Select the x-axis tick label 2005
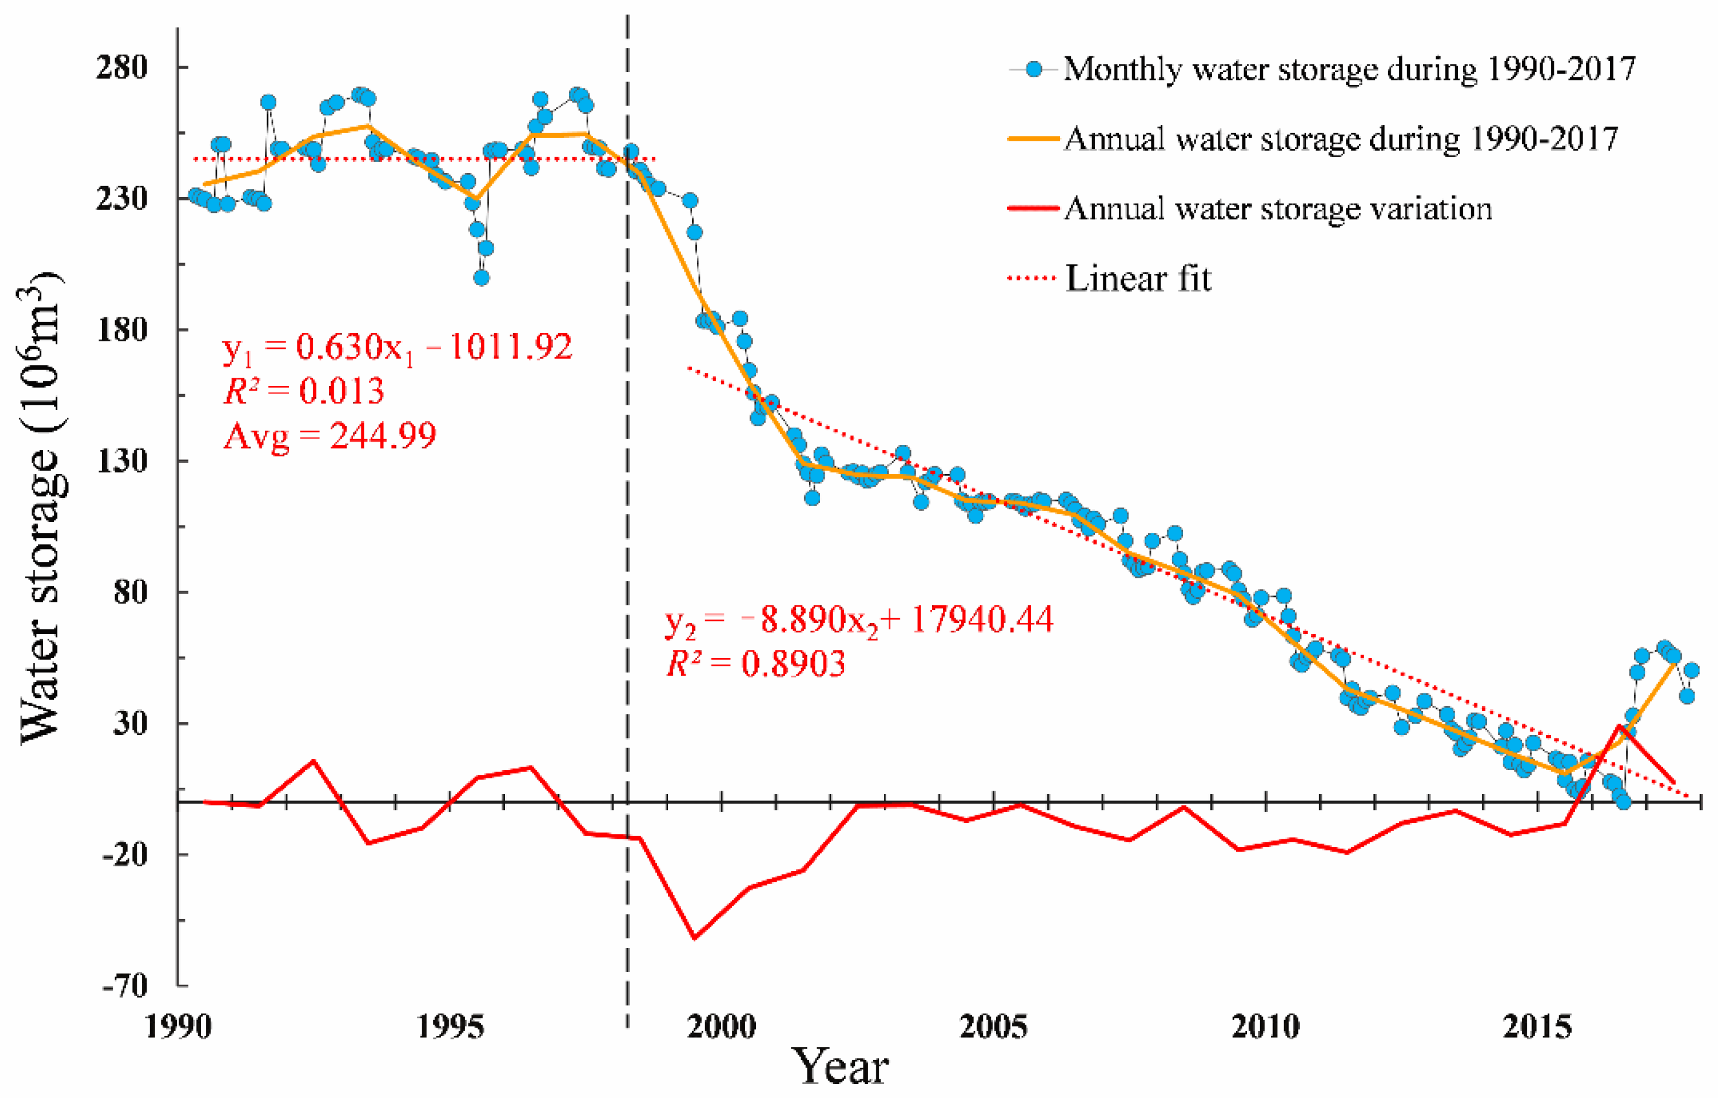(993, 1028)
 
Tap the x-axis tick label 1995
(450, 1028)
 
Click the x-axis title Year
(842, 1068)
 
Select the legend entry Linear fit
(1138, 278)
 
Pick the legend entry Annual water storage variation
(1277, 209)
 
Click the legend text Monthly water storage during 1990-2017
(1348, 69)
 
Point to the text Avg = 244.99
(330, 435)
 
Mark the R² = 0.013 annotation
(304, 391)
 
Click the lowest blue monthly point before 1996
(482, 277)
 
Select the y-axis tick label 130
(122, 461)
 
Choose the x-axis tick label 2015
(1537, 1028)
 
